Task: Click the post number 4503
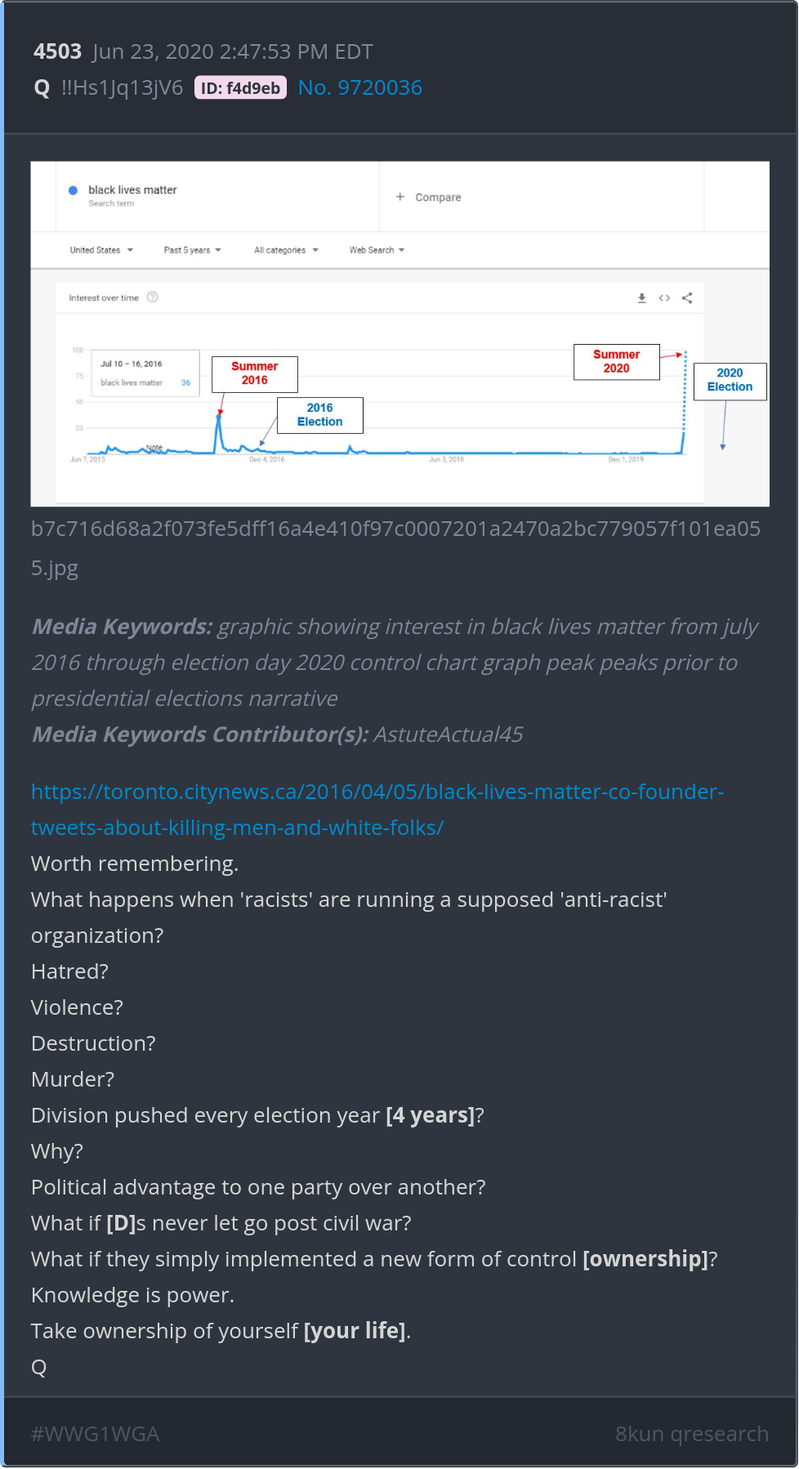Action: tap(57, 51)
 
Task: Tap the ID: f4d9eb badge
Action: tap(240, 88)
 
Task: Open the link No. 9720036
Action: tap(359, 88)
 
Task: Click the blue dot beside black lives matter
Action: tap(73, 190)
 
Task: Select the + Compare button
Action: tap(429, 197)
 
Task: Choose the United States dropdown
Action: tap(101, 250)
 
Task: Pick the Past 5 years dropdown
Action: tap(192, 250)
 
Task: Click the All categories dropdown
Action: tap(286, 250)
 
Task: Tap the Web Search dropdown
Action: tap(377, 250)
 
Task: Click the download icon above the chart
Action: tap(642, 298)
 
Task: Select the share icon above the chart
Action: tap(687, 298)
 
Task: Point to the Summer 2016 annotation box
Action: tap(254, 373)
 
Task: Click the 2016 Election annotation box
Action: tap(319, 415)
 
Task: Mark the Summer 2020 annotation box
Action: tap(616, 361)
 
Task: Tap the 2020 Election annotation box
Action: tap(730, 380)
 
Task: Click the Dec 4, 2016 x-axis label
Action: tap(267, 460)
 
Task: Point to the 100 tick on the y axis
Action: tap(78, 351)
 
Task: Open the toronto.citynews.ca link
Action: tap(377, 809)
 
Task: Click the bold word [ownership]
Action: tap(645, 1259)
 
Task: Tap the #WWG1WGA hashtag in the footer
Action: tap(95, 1434)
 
